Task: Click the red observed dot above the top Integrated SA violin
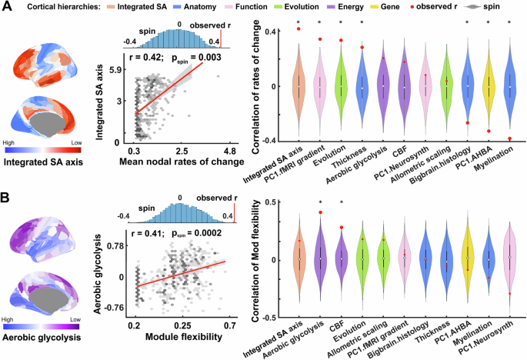click(297, 28)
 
